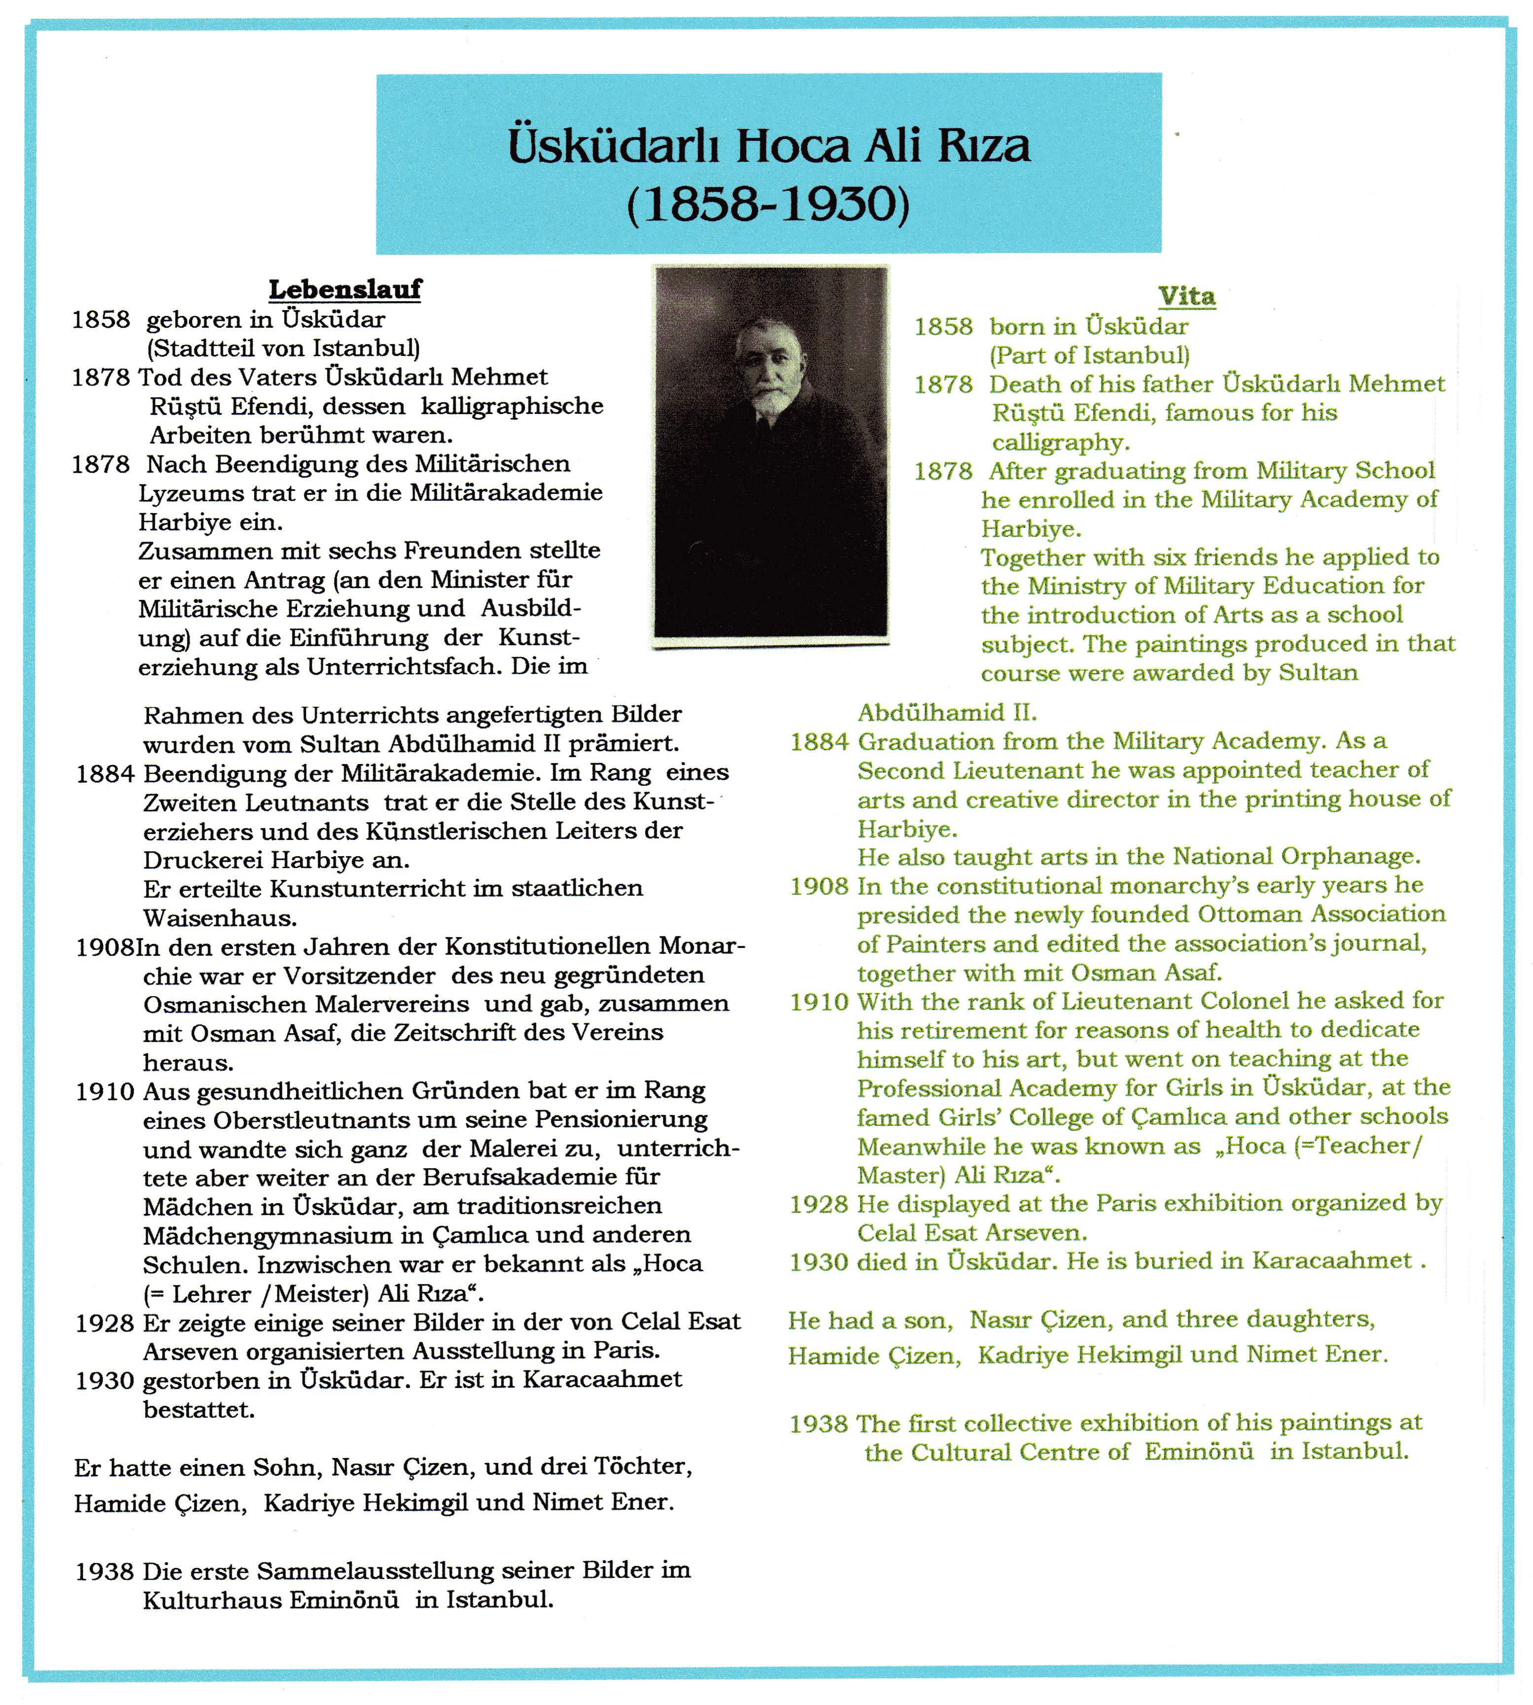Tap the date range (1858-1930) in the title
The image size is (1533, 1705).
768,205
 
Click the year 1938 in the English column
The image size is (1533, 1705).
818,1424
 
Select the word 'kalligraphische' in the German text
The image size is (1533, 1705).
512,406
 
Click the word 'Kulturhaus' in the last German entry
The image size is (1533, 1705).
211,1600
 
